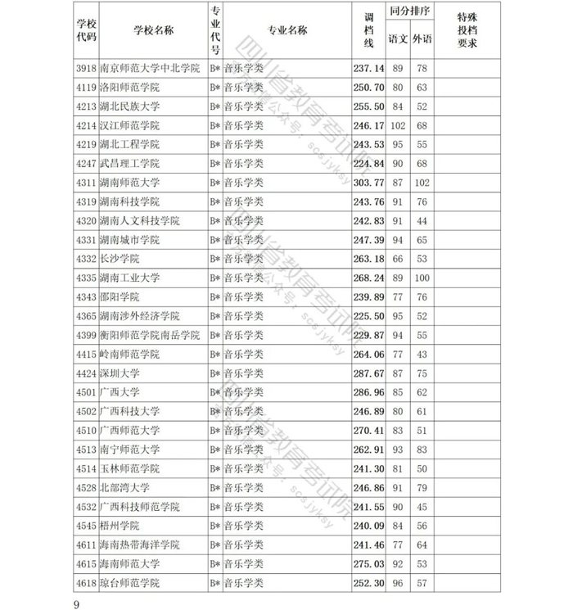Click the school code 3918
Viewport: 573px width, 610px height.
click(85, 68)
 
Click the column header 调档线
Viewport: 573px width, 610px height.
click(368, 30)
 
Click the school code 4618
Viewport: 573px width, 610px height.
click(85, 582)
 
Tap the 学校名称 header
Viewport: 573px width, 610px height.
click(152, 30)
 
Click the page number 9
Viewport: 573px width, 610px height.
click(75, 604)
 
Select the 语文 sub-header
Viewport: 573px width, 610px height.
click(399, 39)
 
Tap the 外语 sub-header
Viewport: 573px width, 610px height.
click(422, 39)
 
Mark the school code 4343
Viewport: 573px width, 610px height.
click(85, 296)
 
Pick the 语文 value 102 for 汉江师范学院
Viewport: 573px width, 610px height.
click(399, 125)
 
